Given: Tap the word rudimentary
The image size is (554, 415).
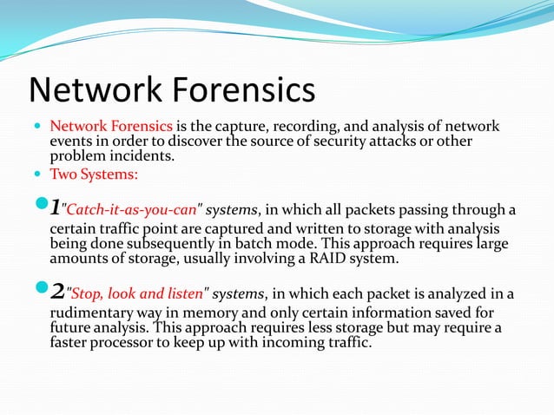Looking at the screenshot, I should click(x=93, y=313).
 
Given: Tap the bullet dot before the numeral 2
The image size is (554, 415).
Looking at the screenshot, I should click(x=36, y=291).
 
